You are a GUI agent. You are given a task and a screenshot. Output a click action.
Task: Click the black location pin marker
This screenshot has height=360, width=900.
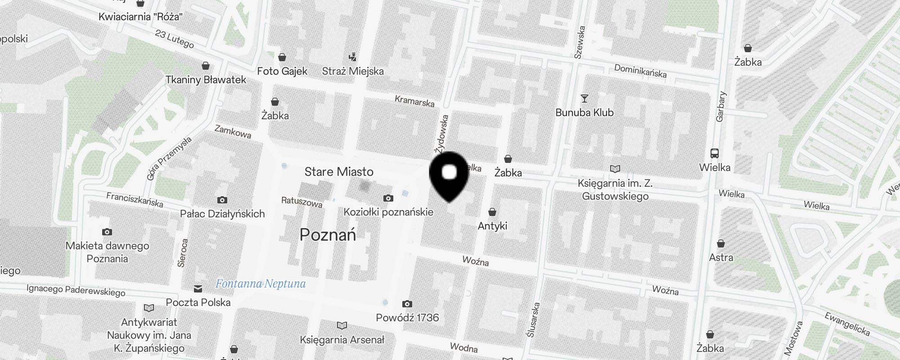click(449, 176)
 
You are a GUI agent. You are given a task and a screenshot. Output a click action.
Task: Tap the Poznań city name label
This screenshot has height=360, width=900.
click(328, 234)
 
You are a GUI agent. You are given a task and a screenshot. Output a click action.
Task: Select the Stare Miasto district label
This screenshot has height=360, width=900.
click(339, 171)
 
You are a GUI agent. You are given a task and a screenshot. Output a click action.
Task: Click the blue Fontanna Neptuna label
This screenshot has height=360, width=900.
click(261, 283)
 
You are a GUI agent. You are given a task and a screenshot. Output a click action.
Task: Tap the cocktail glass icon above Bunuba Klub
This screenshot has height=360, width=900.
click(585, 98)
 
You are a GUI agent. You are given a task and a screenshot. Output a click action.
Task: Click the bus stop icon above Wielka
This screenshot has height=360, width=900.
click(715, 153)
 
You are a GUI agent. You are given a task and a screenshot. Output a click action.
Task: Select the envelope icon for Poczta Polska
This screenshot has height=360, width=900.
click(198, 289)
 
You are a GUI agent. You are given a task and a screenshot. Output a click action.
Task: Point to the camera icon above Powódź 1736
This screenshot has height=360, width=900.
click(407, 304)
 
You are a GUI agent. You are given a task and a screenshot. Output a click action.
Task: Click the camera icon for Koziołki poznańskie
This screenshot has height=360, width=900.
click(388, 198)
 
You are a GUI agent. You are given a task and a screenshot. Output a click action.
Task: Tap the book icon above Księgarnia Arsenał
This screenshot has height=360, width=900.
click(342, 325)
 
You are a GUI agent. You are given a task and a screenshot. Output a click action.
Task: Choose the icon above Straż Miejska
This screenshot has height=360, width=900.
click(353, 57)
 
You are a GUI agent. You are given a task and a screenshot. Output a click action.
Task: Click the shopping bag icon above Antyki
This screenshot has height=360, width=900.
click(492, 212)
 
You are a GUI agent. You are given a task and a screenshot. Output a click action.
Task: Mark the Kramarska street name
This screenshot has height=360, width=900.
click(414, 101)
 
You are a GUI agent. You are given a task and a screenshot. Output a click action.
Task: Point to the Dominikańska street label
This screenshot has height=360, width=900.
click(640, 71)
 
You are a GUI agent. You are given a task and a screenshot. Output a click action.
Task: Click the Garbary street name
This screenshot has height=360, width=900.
click(721, 107)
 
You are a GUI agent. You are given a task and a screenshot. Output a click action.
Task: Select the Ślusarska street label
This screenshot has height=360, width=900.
click(533, 319)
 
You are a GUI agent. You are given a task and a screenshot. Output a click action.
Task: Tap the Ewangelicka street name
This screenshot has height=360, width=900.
click(847, 324)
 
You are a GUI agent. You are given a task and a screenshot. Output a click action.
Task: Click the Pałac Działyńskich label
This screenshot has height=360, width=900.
click(222, 214)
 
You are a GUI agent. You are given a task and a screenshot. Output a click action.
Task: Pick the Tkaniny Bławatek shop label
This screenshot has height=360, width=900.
click(206, 80)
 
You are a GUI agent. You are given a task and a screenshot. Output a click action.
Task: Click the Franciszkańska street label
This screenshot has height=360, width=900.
click(135, 199)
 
